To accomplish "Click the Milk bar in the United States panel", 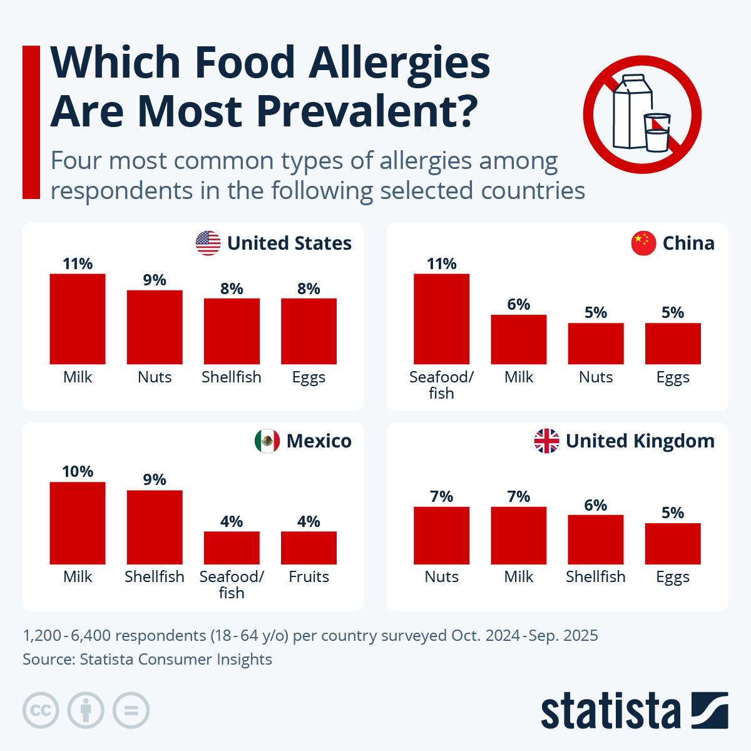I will click(x=78, y=319).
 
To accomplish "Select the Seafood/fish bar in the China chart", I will click(x=442, y=319).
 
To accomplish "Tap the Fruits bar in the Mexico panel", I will click(x=309, y=548).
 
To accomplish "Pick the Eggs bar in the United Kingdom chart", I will click(x=673, y=544).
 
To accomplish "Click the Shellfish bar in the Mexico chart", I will click(x=155, y=528).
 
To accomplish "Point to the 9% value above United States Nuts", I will click(x=155, y=280).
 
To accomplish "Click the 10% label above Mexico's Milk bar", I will click(x=78, y=471).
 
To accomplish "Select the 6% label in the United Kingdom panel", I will click(x=596, y=505).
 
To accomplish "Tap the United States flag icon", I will click(x=208, y=243).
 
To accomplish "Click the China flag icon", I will click(x=643, y=243).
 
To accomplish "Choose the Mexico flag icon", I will click(x=267, y=441).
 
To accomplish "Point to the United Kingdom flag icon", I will click(x=546, y=441).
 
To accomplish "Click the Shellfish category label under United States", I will click(x=232, y=377).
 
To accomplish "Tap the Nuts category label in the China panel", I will click(x=596, y=377).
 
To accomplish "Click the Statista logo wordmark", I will click(x=610, y=711).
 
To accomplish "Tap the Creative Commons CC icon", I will click(x=41, y=711).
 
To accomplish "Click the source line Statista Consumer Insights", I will click(x=147, y=660).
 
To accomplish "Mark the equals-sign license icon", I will click(x=131, y=711).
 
